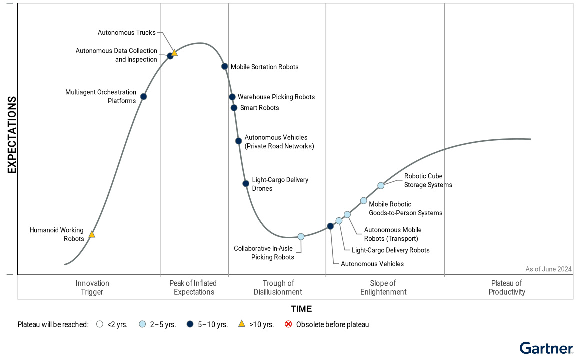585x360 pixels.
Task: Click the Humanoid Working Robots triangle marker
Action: coord(92,234)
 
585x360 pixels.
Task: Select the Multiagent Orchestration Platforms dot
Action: coord(143,96)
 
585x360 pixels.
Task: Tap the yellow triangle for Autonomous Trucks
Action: coord(174,53)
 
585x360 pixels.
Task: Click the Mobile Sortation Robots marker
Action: coord(225,66)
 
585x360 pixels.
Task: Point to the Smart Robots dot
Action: coord(234,108)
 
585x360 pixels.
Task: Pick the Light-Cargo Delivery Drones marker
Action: coord(246,183)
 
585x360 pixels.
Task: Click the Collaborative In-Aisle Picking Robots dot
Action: coord(301,236)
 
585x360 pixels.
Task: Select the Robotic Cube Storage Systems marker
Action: coord(381,185)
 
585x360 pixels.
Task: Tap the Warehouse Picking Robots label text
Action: coord(276,97)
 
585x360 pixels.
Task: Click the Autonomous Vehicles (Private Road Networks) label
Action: coord(279,142)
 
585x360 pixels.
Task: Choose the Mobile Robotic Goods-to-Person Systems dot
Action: coord(364,201)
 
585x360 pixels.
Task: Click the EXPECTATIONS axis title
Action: coord(12,135)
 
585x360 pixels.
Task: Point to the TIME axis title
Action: coord(301,309)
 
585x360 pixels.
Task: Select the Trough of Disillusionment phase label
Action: coord(278,288)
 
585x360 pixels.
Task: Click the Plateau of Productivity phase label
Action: coord(507,288)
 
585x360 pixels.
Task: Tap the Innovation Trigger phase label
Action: coord(92,288)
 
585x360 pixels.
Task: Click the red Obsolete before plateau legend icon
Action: coord(288,324)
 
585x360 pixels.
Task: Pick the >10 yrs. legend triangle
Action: coord(241,324)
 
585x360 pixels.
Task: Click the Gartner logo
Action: coord(546,348)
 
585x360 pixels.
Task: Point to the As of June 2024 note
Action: coord(548,269)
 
